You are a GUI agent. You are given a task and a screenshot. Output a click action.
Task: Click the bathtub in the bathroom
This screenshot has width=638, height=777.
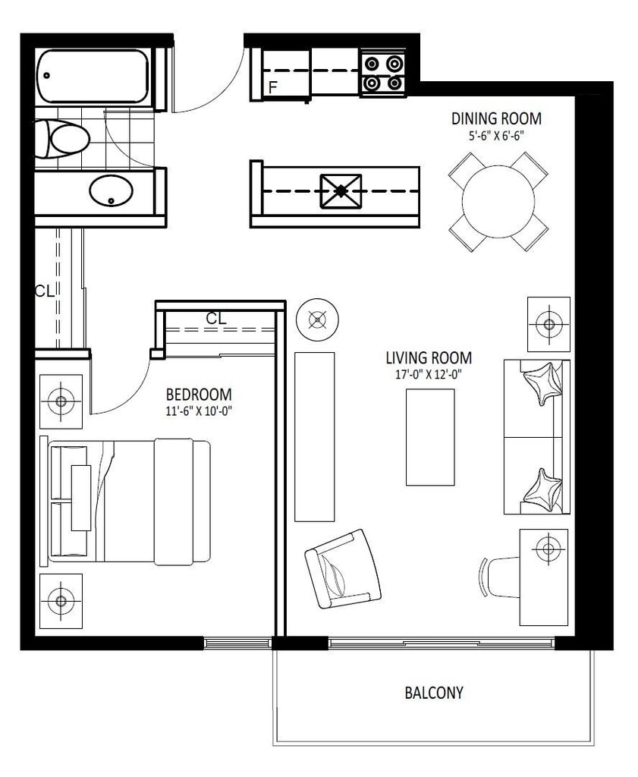[93, 76]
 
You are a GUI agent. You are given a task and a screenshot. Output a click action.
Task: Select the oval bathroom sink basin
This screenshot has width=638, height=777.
[112, 190]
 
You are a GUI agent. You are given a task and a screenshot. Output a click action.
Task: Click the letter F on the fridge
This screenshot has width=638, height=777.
[272, 88]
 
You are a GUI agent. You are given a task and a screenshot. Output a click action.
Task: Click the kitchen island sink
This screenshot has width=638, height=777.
[341, 190]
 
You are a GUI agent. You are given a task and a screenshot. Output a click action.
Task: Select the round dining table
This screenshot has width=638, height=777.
[498, 201]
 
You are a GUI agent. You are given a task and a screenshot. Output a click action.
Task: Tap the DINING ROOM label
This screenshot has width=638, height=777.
[496, 119]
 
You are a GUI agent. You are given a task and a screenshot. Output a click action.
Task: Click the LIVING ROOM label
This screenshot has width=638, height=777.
[429, 358]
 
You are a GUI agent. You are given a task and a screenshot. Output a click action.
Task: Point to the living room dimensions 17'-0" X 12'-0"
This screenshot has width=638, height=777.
[429, 375]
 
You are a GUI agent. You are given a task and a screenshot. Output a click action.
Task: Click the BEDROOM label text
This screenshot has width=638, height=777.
[199, 395]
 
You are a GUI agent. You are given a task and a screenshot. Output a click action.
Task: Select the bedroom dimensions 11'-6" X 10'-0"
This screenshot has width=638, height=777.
[199, 411]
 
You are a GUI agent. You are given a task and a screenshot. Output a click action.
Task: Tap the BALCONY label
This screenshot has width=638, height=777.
[434, 693]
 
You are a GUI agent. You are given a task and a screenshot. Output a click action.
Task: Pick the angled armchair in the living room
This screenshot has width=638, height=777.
[343, 569]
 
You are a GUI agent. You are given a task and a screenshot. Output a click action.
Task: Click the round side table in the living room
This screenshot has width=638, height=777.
[318, 319]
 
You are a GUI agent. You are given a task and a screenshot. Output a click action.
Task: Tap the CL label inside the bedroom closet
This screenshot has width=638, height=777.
[216, 319]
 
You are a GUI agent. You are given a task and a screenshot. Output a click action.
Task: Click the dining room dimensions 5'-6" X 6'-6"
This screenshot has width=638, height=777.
[496, 136]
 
